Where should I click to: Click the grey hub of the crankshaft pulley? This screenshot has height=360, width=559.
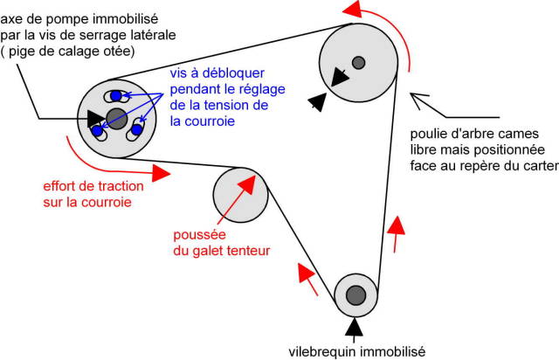(x=355, y=295)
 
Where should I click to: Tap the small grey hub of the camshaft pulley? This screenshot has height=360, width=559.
(x=358, y=61)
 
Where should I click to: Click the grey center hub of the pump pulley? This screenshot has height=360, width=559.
(x=116, y=118)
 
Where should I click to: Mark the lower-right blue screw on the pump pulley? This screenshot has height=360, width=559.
(x=136, y=132)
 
